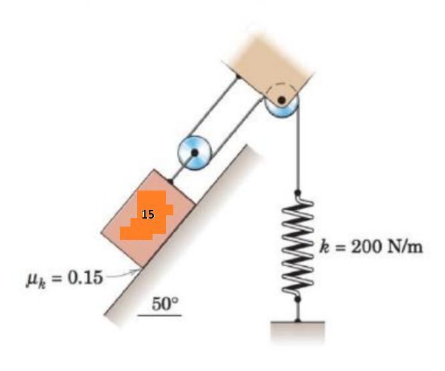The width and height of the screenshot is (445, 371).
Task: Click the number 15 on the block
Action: [148, 214]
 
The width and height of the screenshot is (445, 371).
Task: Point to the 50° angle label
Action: [165, 304]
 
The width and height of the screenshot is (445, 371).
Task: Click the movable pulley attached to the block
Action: [195, 153]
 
